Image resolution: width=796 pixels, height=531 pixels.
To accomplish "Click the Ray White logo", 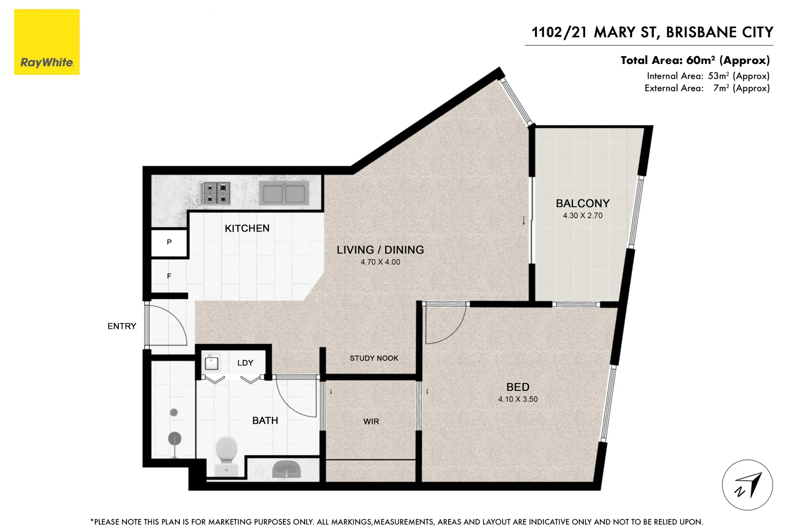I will click(47, 42).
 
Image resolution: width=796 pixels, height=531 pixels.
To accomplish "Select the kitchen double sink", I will click(284, 193).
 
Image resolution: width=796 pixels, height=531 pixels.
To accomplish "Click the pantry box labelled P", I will click(169, 242).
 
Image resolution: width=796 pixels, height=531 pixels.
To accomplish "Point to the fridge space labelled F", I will click(169, 276).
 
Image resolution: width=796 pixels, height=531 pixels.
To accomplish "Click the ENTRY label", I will click(122, 326).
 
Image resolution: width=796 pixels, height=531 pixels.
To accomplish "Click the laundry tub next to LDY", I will click(212, 363).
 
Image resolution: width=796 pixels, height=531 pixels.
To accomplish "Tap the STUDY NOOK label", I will click(374, 358).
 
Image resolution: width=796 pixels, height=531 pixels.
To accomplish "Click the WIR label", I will click(371, 422).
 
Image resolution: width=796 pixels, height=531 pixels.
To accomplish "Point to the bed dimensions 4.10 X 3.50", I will click(518, 399).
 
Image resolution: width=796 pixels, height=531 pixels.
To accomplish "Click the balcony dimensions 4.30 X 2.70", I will click(582, 216).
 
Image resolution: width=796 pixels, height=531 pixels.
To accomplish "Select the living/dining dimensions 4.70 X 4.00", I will click(380, 262).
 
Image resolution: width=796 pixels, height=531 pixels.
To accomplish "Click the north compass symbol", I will click(747, 485).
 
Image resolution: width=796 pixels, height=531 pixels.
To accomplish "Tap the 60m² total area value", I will click(700, 60).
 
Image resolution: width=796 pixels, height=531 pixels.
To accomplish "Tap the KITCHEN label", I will click(247, 229).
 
